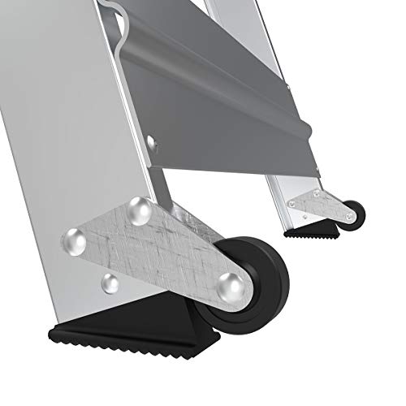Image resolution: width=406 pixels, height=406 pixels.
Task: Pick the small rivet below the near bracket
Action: click(109, 281)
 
